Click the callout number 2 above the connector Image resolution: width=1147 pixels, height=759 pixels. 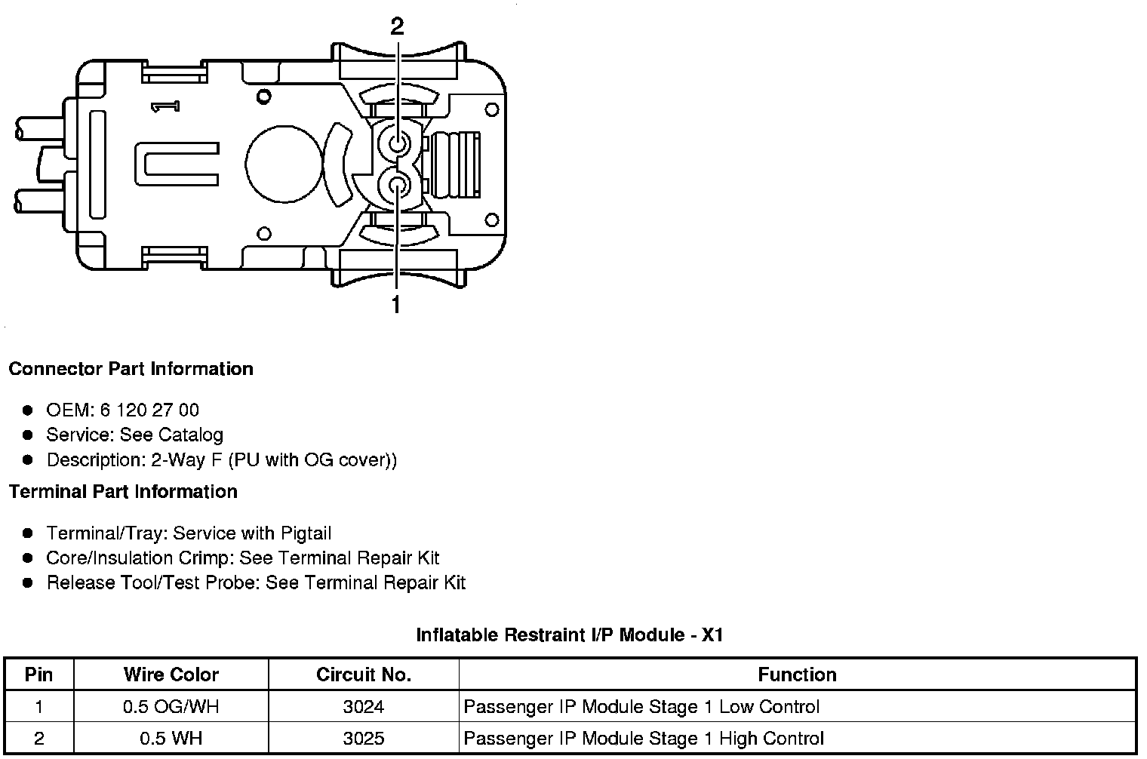pos(397,26)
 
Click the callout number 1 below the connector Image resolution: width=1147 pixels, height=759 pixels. pos(395,305)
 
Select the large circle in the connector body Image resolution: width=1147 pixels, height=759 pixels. pos(282,164)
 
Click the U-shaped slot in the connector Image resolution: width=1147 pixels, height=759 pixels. pos(177,164)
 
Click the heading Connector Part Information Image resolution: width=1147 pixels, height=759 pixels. pos(131,369)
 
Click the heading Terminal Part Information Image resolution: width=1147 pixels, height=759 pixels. pos(123,492)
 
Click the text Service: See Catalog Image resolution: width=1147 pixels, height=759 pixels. pos(134,435)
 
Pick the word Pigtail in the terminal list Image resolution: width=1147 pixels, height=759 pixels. pos(306,533)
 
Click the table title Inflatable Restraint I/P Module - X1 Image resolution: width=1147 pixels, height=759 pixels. pos(570,635)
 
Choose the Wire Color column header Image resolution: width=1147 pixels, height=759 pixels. pos(171,674)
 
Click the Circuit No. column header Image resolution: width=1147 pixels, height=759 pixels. pos(364,674)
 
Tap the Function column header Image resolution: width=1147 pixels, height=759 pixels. pos(797,674)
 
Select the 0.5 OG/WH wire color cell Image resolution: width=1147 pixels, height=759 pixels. pos(171,707)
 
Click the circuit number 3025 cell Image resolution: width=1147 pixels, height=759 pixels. pos(364,738)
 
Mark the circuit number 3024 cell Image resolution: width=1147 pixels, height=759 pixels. pos(364,707)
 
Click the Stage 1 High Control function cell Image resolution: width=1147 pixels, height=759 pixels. pos(644,738)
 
